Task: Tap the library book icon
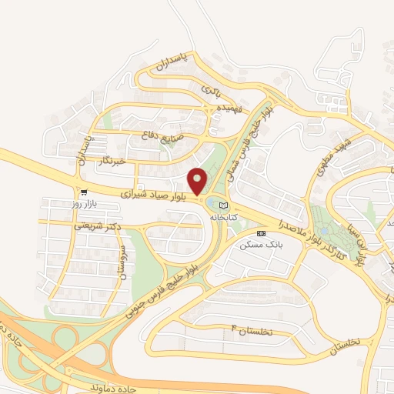223,205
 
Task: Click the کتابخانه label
222,218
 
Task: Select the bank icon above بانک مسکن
261,232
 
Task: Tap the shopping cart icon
83,192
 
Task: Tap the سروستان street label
121,264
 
